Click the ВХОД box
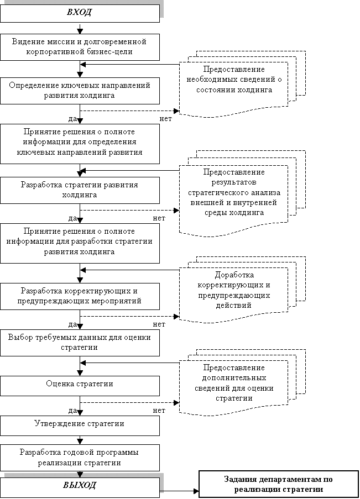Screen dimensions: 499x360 click(80, 13)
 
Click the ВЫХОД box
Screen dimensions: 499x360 click(80, 485)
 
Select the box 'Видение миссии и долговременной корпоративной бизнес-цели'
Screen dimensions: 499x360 click(80, 46)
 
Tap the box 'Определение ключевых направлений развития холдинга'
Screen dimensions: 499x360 click(80, 91)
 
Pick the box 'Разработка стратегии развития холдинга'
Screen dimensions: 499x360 click(80, 190)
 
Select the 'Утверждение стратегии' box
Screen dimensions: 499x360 click(80, 424)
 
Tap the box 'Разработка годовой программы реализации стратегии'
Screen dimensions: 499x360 click(80, 458)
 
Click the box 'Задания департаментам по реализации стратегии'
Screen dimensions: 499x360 click(278, 484)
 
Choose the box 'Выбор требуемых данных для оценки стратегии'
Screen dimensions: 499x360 click(80, 342)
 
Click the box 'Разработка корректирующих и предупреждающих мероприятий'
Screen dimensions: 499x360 click(80, 296)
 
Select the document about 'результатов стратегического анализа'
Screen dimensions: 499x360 click(234, 193)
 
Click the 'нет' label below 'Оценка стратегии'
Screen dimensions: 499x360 click(159, 411)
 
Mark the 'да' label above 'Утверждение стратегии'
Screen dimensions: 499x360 click(72, 411)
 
